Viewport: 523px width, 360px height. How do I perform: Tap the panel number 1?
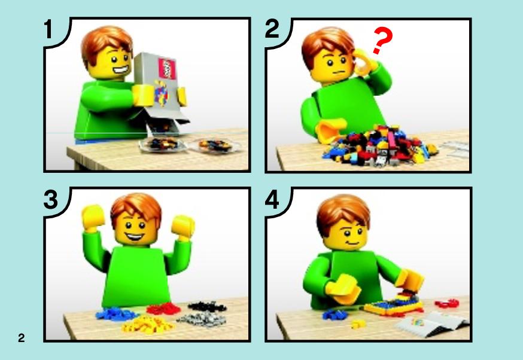tap(48, 29)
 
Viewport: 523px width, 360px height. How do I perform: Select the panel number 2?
tap(272, 29)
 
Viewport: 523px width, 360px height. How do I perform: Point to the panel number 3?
tap(51, 200)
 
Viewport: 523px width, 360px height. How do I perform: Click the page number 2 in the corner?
tap(22, 338)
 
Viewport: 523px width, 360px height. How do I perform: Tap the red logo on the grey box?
tap(167, 69)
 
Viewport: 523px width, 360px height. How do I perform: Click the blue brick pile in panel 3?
tap(115, 314)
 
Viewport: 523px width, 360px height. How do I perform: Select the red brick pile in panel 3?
tap(164, 309)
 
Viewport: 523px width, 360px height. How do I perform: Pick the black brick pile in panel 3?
tap(207, 306)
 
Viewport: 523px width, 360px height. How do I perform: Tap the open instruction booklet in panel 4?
tap(431, 323)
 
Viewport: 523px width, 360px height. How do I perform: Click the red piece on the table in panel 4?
tap(447, 303)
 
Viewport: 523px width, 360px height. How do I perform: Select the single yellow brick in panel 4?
tap(358, 324)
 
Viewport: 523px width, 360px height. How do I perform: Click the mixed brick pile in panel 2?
tap(379, 146)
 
